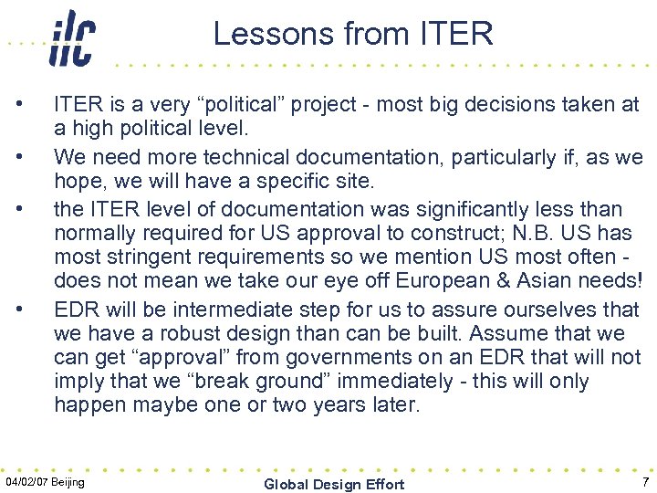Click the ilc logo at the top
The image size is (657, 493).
pos(72,38)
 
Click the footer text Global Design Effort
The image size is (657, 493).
pos(333,484)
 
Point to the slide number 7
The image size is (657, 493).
pos(645,482)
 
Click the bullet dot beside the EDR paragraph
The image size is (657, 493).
pos(31,309)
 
